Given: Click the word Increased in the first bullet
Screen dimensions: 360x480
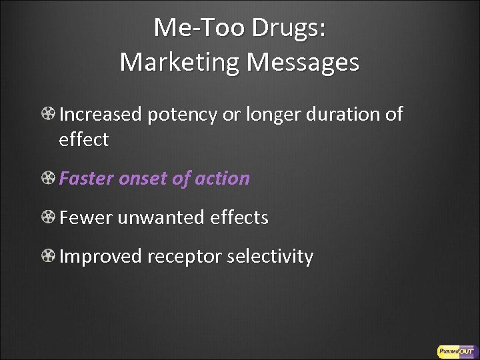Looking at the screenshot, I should (x=101, y=115).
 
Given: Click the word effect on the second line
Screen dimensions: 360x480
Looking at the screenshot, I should (x=84, y=140).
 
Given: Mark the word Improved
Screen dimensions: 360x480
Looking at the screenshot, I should (x=101, y=257).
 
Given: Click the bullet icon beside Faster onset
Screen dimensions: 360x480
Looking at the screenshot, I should (x=49, y=179).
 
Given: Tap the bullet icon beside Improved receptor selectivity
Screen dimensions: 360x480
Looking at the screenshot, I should (x=49, y=257).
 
